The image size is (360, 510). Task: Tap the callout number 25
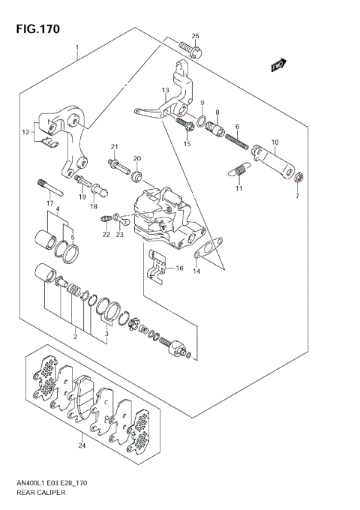pos(195,36)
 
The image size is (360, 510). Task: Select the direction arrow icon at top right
pos(279,64)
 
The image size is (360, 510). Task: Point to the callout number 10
pos(274,142)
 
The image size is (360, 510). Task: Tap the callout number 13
pos(165,90)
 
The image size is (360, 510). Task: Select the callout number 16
pos(178,268)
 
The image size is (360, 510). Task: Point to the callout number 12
pos(25,132)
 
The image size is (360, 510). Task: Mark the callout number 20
pos(137,159)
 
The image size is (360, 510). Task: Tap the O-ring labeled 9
pos(203,121)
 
